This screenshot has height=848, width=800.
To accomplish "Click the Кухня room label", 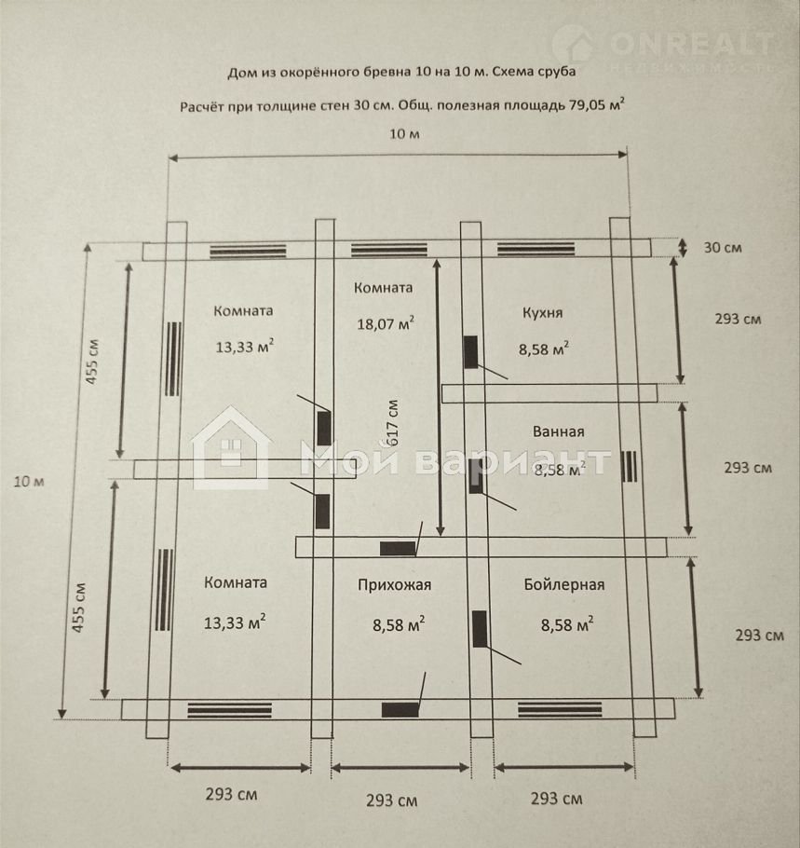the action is pyautogui.click(x=542, y=313).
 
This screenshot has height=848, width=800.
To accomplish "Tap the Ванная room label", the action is pyautogui.click(x=559, y=431).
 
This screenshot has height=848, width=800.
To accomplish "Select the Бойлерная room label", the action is pyautogui.click(x=563, y=584).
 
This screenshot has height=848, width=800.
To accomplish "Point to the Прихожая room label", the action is pyautogui.click(x=395, y=585).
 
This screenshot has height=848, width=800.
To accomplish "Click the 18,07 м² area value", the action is pyautogui.click(x=386, y=322).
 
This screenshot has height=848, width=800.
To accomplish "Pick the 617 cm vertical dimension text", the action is pyautogui.click(x=393, y=423).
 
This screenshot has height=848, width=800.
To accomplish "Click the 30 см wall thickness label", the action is pyautogui.click(x=722, y=248).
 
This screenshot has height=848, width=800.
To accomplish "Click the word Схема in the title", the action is pyautogui.click(x=516, y=71).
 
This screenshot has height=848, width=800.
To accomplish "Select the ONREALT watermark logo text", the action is pyautogui.click(x=691, y=43).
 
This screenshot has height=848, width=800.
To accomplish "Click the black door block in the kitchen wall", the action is pyautogui.click(x=471, y=352).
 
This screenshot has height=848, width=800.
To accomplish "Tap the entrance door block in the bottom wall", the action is pyautogui.click(x=400, y=709).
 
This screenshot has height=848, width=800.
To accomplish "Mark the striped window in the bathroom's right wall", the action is pyautogui.click(x=630, y=466).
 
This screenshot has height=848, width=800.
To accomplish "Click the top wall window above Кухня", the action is pyautogui.click(x=536, y=249).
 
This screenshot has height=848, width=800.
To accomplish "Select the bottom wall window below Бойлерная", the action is pyautogui.click(x=560, y=709).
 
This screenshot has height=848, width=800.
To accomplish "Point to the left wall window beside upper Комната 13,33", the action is pyautogui.click(x=173, y=359).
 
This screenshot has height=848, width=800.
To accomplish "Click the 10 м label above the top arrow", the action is pyautogui.click(x=404, y=133).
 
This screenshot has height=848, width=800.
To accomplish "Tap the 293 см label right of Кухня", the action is pyautogui.click(x=738, y=319).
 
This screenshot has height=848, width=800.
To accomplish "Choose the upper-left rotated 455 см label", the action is pyautogui.click(x=92, y=362).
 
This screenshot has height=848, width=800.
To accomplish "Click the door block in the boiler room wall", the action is pyautogui.click(x=480, y=629).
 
